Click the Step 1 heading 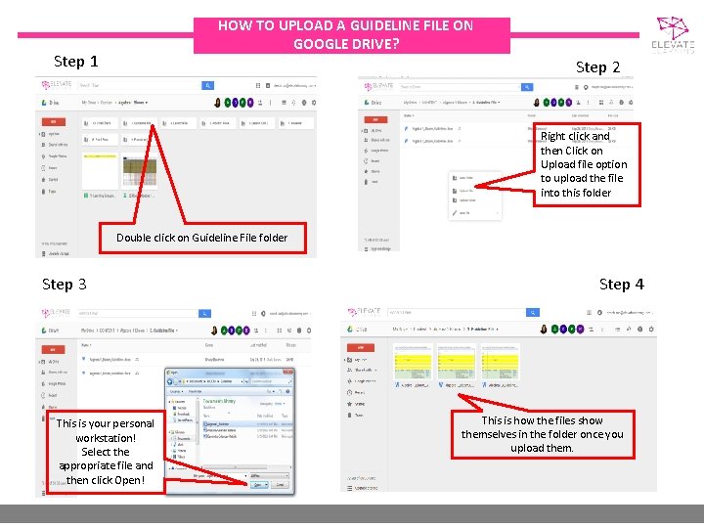[x=75, y=62]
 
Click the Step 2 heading [x=597, y=67]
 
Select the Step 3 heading [x=64, y=285]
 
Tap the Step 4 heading [x=621, y=285]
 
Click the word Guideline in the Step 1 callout [x=230, y=238]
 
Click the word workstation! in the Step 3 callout [x=106, y=438]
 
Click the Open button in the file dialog [x=258, y=484]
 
